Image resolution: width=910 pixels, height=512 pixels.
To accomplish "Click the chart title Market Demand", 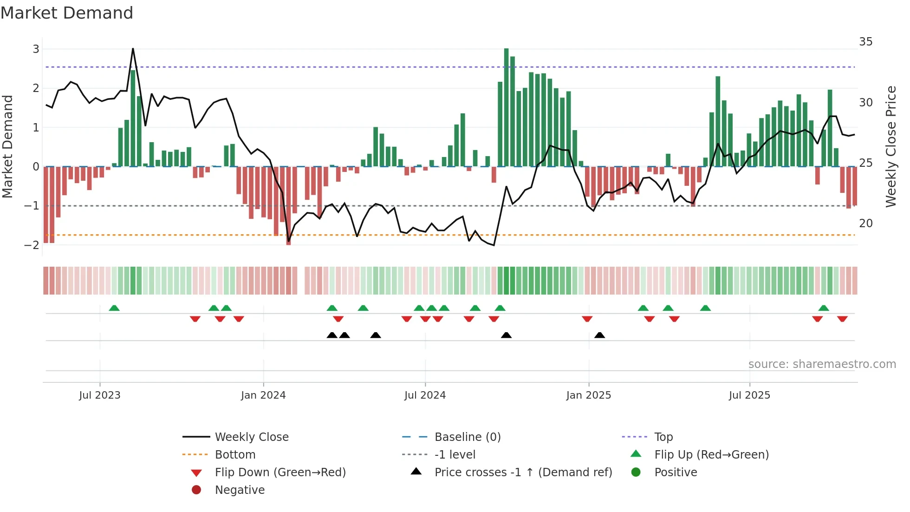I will point(67,13).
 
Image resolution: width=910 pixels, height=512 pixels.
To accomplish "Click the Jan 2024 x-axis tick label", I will point(263,395).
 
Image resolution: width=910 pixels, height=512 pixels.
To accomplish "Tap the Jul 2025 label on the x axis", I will point(749,395).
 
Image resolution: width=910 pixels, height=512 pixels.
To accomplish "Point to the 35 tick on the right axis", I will point(865,42).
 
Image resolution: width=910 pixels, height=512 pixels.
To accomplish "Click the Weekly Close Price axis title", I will point(890,146).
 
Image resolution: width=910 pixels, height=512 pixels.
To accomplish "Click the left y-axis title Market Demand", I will point(8,146).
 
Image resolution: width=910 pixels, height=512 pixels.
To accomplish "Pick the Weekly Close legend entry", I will point(251,437).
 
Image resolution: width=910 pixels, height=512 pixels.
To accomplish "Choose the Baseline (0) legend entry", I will point(467,437).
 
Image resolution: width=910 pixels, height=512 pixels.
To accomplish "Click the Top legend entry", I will point(663,437).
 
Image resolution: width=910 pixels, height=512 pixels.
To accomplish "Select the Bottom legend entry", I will point(235,455).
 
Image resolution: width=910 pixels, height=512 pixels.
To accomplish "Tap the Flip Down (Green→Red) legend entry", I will point(280,473).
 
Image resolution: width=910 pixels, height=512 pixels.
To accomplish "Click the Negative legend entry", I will point(240,490).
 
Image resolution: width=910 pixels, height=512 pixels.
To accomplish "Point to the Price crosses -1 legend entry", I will point(523,473).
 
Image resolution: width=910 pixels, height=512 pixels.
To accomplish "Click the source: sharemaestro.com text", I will point(822,364).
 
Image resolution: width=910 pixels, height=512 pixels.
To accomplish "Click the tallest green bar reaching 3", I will point(506,107).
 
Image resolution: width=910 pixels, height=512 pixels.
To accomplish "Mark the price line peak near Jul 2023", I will point(133,49).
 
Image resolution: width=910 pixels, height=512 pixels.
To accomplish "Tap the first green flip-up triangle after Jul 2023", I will point(114,308).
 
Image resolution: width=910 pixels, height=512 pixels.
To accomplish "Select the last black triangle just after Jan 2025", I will point(599,335).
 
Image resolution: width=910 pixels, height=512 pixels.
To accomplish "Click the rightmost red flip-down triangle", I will point(842,319).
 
